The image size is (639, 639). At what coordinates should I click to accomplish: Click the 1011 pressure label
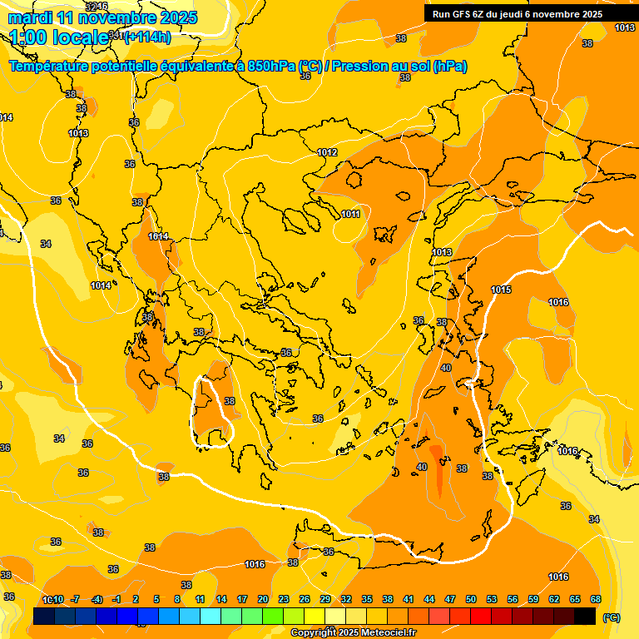tap(350, 215)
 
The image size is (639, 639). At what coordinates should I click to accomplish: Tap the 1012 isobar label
tap(327, 152)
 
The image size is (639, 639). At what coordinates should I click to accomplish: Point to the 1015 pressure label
tap(501, 290)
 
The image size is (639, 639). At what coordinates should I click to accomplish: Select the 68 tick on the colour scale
tap(596, 599)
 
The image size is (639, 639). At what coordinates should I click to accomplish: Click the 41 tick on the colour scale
tap(409, 599)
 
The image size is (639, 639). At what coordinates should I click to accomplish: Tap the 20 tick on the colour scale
tap(263, 599)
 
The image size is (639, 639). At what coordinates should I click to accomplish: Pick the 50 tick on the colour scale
tap(471, 599)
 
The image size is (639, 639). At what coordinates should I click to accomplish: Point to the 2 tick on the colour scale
tap(136, 599)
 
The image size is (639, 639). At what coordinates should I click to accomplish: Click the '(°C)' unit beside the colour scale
tap(611, 617)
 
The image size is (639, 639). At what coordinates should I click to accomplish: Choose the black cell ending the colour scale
tap(585, 617)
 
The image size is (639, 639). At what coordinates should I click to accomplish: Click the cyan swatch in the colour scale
tap(211, 617)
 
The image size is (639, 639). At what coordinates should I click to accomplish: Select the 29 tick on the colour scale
tap(325, 599)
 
